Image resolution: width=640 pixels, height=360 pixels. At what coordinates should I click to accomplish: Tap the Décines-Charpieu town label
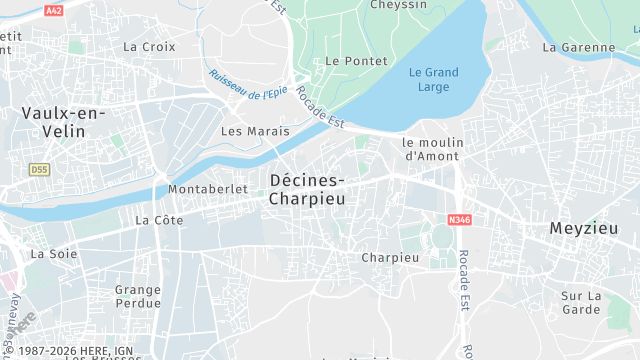[308, 188]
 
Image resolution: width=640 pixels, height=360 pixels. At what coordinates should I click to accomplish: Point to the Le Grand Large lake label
[434, 79]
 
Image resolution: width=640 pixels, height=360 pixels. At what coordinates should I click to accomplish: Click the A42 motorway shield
[54, 10]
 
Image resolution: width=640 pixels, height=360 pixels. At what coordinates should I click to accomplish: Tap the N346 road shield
[460, 219]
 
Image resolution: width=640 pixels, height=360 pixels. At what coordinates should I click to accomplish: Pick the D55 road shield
[39, 170]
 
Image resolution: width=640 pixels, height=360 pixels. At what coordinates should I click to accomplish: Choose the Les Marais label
[255, 131]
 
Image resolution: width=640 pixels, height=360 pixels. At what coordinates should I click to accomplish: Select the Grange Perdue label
[138, 296]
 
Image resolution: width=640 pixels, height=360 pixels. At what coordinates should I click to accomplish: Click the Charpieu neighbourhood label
[390, 257]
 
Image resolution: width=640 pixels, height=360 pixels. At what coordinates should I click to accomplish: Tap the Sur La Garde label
[580, 302]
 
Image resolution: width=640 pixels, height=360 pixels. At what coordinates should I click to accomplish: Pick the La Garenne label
[579, 47]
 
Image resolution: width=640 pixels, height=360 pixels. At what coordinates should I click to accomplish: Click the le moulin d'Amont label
[431, 149]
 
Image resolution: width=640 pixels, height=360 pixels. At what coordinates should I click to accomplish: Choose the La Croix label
[149, 46]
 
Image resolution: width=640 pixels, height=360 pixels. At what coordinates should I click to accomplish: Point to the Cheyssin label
[399, 6]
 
